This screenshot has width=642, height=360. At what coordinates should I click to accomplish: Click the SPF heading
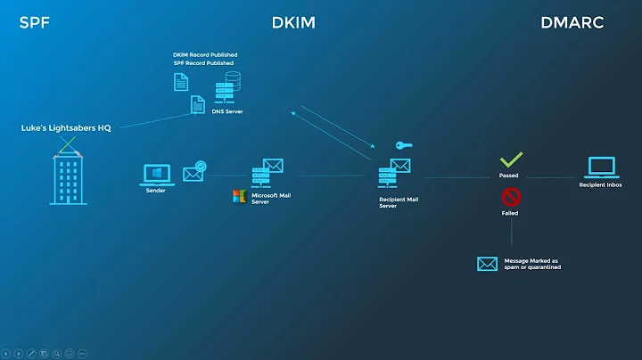coord(34,22)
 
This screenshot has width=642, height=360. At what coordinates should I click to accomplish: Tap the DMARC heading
coord(572,22)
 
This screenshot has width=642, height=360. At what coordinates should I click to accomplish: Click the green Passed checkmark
coord(510,160)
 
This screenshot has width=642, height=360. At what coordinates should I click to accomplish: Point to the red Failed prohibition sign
coord(510,197)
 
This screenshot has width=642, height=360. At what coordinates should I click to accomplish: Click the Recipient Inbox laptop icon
coord(601,167)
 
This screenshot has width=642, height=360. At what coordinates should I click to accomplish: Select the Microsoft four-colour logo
coord(239,196)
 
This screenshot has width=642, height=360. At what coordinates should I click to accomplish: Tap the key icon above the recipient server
coord(403,145)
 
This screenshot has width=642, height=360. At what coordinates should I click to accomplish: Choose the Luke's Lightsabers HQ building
coord(69,177)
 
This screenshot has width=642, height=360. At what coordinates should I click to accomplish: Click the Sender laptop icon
coord(156,173)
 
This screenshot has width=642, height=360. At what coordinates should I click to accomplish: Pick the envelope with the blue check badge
coord(193,172)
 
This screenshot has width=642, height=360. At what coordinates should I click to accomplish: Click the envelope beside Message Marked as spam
coord(487,264)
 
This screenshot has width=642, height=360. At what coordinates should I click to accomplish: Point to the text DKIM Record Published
coord(205,55)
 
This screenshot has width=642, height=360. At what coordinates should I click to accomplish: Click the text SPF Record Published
coord(203,63)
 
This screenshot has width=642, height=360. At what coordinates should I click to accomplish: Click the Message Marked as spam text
coord(532,264)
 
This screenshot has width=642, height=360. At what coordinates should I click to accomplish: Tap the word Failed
coord(509,214)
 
